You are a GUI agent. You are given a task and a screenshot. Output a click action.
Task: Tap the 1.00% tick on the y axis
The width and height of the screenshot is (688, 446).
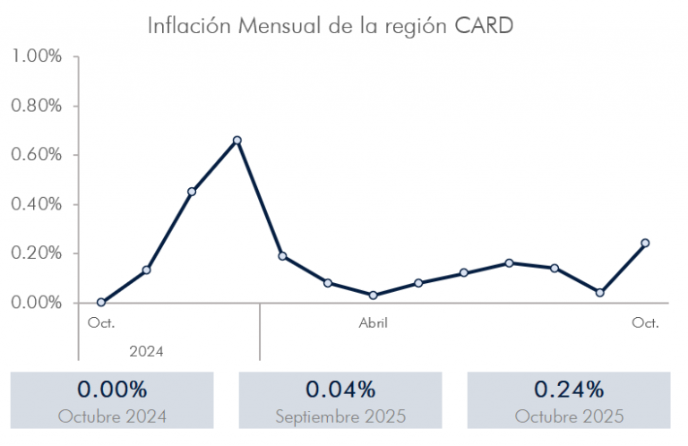(x=38, y=56)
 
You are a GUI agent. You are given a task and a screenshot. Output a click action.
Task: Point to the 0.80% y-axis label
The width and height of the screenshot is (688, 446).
(x=38, y=106)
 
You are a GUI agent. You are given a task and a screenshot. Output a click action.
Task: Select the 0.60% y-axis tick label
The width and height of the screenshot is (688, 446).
(x=38, y=155)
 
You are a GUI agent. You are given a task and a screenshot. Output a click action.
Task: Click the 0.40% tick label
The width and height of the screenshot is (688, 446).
(x=38, y=204)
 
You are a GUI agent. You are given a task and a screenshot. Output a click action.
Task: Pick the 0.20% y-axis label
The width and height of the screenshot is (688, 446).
(x=38, y=253)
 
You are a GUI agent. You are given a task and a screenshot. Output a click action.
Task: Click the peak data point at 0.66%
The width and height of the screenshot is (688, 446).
(x=237, y=141)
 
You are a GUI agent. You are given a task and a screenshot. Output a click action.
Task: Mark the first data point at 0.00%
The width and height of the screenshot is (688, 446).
(x=100, y=303)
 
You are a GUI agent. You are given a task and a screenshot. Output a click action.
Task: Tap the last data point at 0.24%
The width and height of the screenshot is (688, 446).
(x=645, y=243)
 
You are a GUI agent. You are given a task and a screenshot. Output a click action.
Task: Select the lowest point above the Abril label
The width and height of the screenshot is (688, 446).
(x=373, y=295)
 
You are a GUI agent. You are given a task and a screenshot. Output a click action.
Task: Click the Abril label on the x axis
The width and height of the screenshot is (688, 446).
(x=373, y=322)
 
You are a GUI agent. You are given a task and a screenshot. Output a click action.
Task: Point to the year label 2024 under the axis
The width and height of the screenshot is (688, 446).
(x=146, y=351)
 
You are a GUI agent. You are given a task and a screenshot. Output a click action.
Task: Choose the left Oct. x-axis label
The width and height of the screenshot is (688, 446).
(x=101, y=322)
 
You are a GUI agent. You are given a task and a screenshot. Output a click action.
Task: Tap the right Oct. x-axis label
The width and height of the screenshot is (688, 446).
(x=645, y=322)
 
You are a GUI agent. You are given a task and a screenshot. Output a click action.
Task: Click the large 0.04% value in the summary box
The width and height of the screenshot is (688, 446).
(x=340, y=390)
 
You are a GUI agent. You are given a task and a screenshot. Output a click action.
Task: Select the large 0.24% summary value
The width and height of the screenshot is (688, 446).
(x=569, y=390)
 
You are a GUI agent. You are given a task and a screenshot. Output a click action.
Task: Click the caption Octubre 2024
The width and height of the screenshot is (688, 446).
(x=112, y=416)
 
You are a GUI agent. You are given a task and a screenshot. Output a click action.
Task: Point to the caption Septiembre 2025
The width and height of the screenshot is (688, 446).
(x=340, y=416)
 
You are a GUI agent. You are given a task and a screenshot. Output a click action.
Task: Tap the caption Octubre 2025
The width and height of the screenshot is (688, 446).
(x=569, y=416)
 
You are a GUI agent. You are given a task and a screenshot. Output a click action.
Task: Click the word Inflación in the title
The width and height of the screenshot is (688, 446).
(x=189, y=25)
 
